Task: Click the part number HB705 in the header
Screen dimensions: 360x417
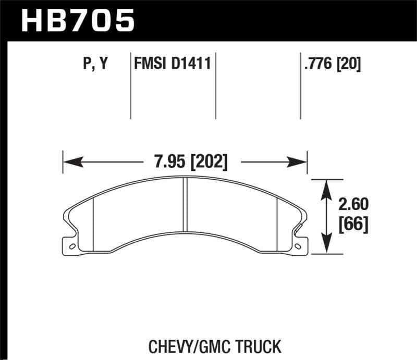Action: [x=77, y=21]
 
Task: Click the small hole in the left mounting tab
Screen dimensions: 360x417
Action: [x=72, y=246]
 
